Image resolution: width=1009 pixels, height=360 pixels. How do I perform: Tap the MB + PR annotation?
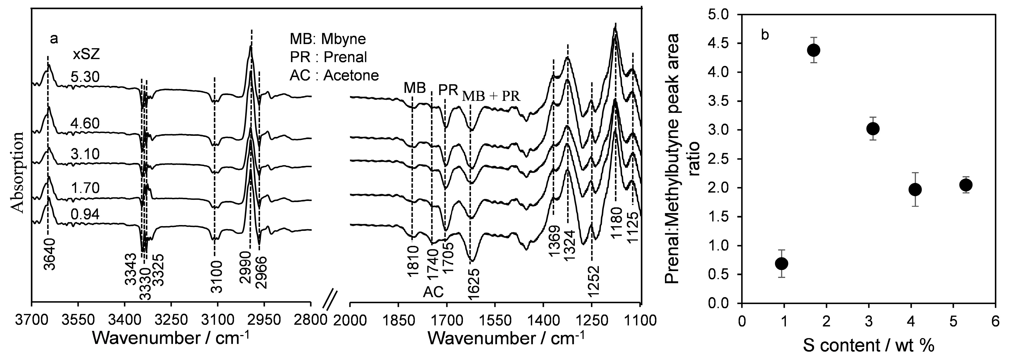pyautogui.click(x=491, y=96)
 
